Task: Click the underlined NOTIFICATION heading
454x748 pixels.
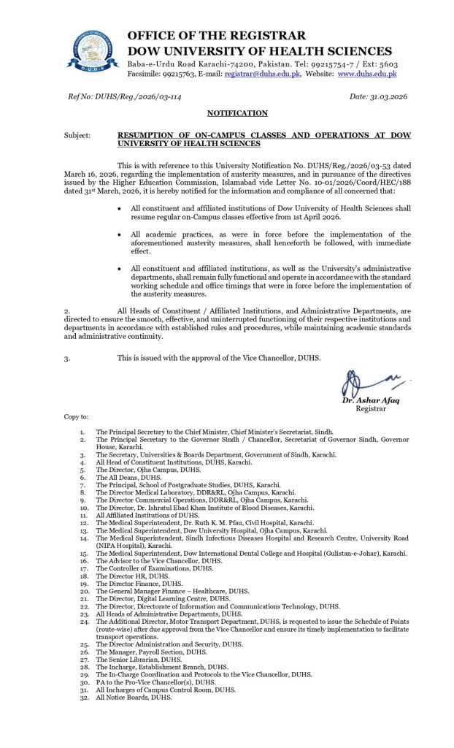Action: (x=227, y=113)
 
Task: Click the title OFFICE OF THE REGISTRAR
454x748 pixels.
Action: (x=217, y=36)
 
